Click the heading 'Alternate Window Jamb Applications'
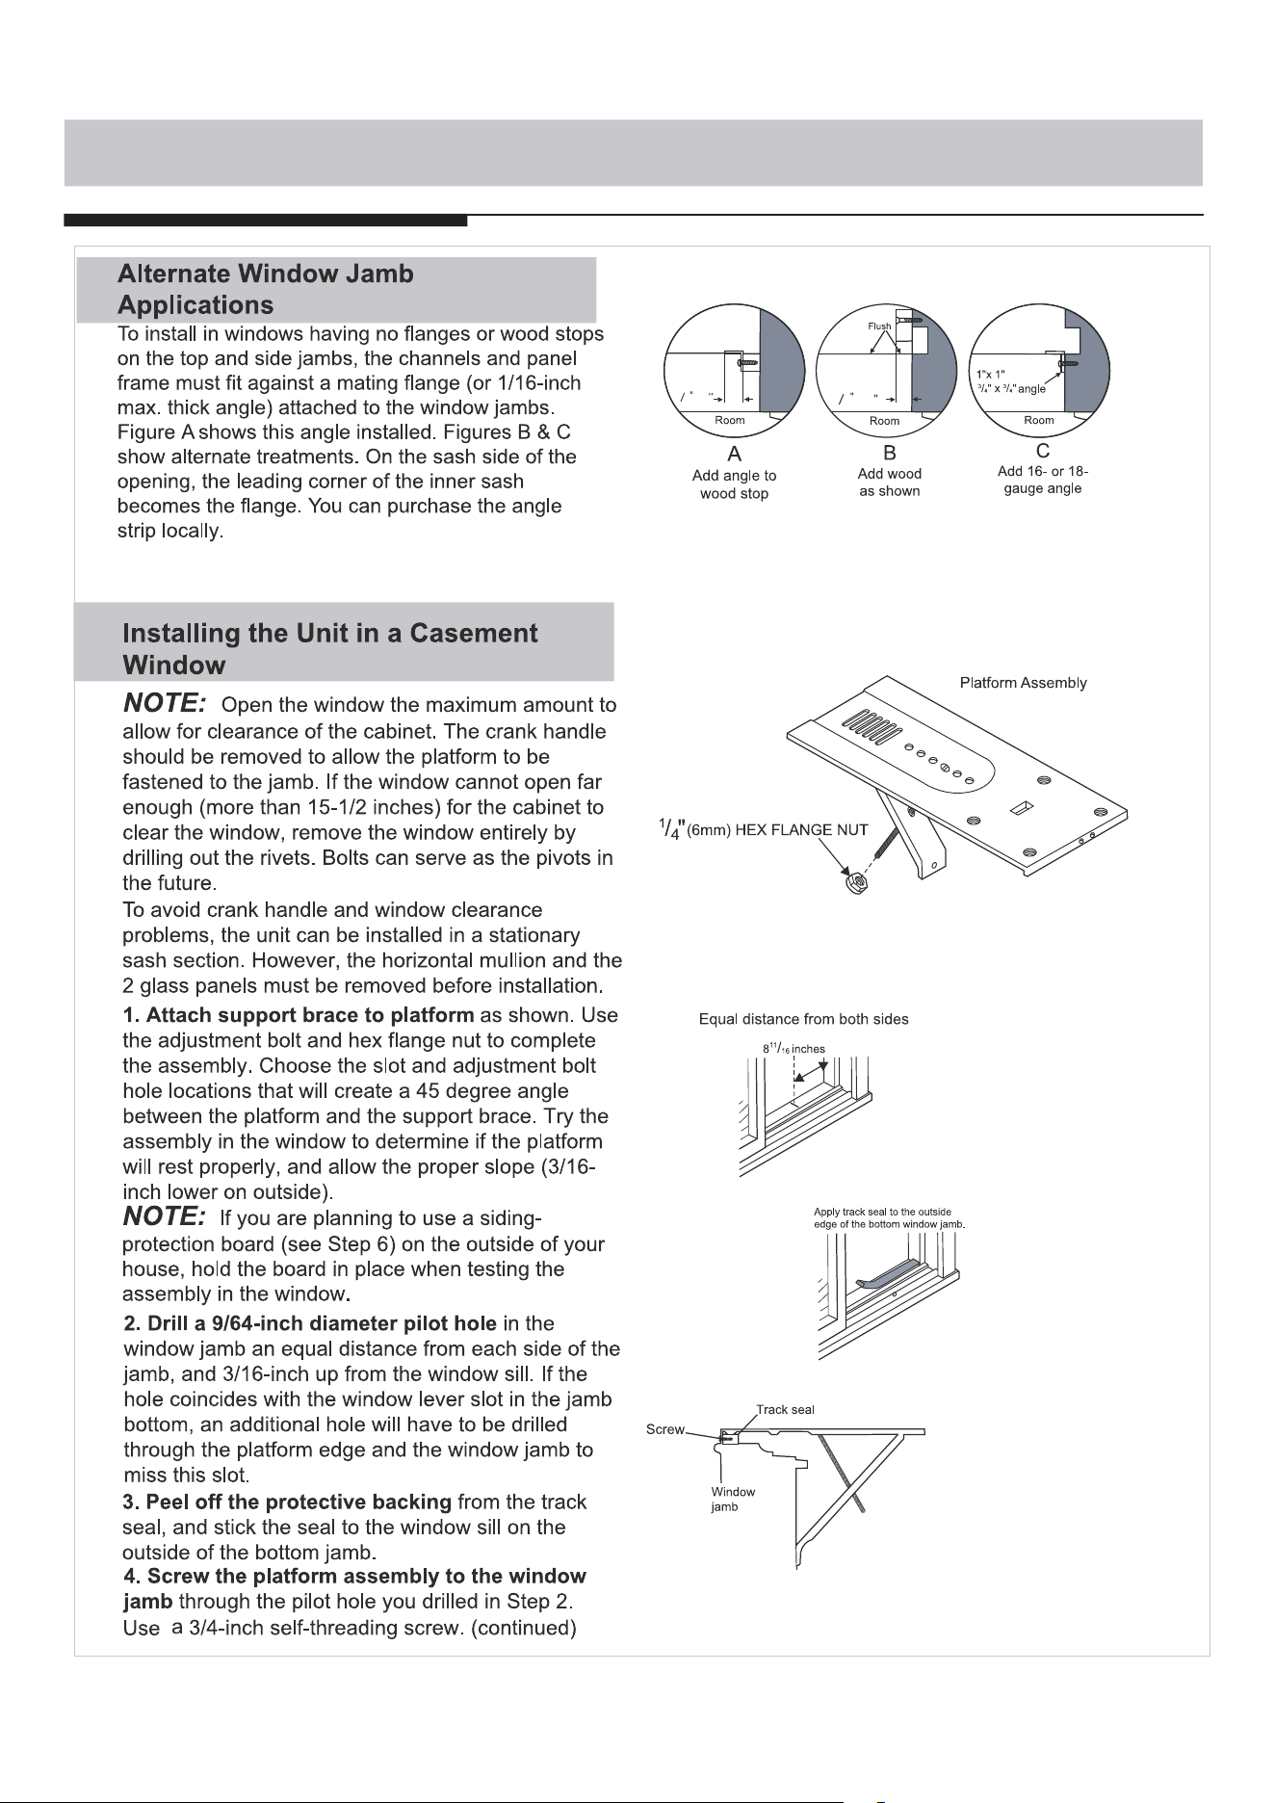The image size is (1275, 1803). (x=266, y=290)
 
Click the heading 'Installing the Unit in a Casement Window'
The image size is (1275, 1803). (x=330, y=649)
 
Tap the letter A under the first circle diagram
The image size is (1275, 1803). (x=733, y=454)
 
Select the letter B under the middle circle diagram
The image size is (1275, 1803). (x=890, y=452)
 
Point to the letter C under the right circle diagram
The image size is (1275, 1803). (x=1043, y=450)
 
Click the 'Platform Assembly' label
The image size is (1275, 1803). (x=1024, y=683)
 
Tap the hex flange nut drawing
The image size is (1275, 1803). (x=852, y=882)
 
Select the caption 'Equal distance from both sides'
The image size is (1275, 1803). (x=803, y=1019)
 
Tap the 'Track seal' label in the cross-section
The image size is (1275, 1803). (x=786, y=1409)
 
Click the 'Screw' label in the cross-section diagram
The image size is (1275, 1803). (x=664, y=1429)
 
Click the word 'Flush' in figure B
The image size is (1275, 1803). (x=879, y=327)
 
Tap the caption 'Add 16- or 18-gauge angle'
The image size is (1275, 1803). (x=1043, y=480)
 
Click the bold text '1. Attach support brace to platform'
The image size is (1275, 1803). (x=299, y=1015)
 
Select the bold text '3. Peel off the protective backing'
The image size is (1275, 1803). (x=287, y=1502)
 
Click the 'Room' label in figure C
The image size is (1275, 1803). (x=1039, y=420)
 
